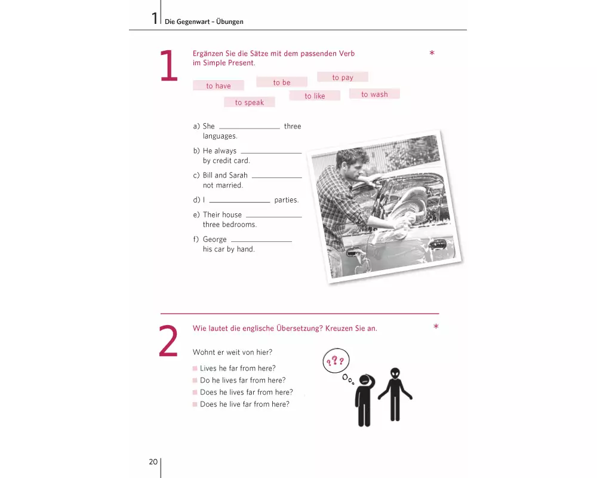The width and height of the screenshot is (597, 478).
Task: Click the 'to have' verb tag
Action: (x=218, y=85)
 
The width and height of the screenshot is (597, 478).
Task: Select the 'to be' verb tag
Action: (x=282, y=82)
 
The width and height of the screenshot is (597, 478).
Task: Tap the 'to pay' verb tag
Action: (x=343, y=77)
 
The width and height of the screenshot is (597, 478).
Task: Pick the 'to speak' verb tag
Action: (x=250, y=102)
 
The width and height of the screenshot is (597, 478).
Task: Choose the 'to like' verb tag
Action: (x=315, y=96)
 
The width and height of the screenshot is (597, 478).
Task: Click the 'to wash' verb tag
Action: (x=375, y=94)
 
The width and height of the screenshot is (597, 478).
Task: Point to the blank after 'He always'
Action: (x=271, y=153)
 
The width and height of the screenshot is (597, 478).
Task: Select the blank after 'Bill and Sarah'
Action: (x=277, y=177)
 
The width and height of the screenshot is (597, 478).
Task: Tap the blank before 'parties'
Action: (x=239, y=202)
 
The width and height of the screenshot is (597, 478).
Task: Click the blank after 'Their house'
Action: (x=274, y=217)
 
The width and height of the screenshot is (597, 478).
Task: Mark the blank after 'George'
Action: (x=261, y=241)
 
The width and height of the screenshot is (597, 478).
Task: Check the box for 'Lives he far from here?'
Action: (x=195, y=368)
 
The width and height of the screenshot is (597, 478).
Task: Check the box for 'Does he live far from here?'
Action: (x=195, y=404)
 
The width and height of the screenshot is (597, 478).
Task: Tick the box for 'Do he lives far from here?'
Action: (x=195, y=380)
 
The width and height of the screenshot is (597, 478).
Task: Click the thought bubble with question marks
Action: (x=336, y=361)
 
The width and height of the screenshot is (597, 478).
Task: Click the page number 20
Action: (x=153, y=462)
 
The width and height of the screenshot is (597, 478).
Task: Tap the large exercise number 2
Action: (x=168, y=341)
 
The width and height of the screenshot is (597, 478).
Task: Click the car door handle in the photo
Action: (x=353, y=252)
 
